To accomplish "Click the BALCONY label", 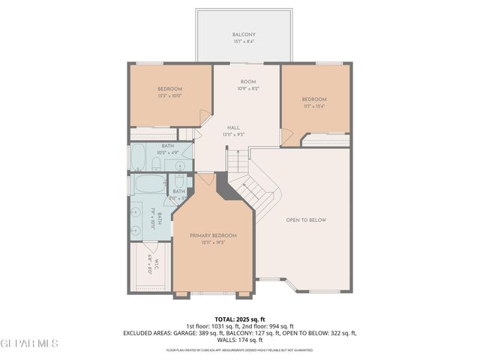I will click(x=243, y=34).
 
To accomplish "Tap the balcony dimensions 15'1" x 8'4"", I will click(x=243, y=42).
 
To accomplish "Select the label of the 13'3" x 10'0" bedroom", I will click(x=169, y=88).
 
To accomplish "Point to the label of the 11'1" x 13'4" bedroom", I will click(x=314, y=99).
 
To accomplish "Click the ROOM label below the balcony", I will click(x=248, y=81).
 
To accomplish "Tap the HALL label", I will click(x=233, y=127).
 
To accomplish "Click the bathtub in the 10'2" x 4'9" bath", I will click(x=139, y=159).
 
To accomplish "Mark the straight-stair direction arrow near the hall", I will click(x=237, y=160).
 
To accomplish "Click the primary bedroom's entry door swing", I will click(x=205, y=180).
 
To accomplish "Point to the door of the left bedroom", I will click(x=204, y=117).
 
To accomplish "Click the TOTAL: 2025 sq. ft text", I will click(x=241, y=319).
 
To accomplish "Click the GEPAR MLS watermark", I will click(x=30, y=343).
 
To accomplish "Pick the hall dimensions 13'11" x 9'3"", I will click(x=233, y=134).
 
